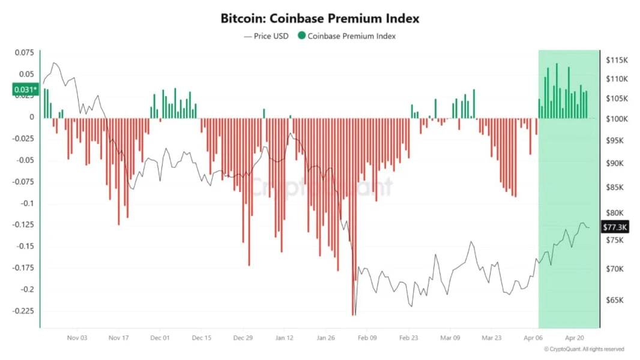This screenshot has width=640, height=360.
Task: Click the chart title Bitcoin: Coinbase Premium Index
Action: pos(319,19)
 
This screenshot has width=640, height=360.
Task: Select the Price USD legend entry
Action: pos(266,36)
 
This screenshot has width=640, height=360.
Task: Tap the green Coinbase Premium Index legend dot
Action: pos(302,36)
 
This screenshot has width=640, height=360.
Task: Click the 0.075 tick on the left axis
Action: pos(25,53)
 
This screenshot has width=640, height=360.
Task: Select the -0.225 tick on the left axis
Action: pos(23,311)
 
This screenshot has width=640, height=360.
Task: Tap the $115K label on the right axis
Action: pos(617,60)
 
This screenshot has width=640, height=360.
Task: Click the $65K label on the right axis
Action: pos(615,300)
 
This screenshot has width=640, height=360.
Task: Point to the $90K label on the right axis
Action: pos(615,163)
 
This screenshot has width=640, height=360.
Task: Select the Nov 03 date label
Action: pos(77,338)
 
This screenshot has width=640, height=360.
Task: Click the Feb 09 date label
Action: pos(367,338)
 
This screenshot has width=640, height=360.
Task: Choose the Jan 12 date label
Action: pos(284,338)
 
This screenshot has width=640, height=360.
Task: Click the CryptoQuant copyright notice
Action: pos(584,349)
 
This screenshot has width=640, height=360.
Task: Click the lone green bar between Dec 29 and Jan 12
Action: pos(264,113)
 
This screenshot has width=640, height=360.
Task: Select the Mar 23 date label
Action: pos(492,338)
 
